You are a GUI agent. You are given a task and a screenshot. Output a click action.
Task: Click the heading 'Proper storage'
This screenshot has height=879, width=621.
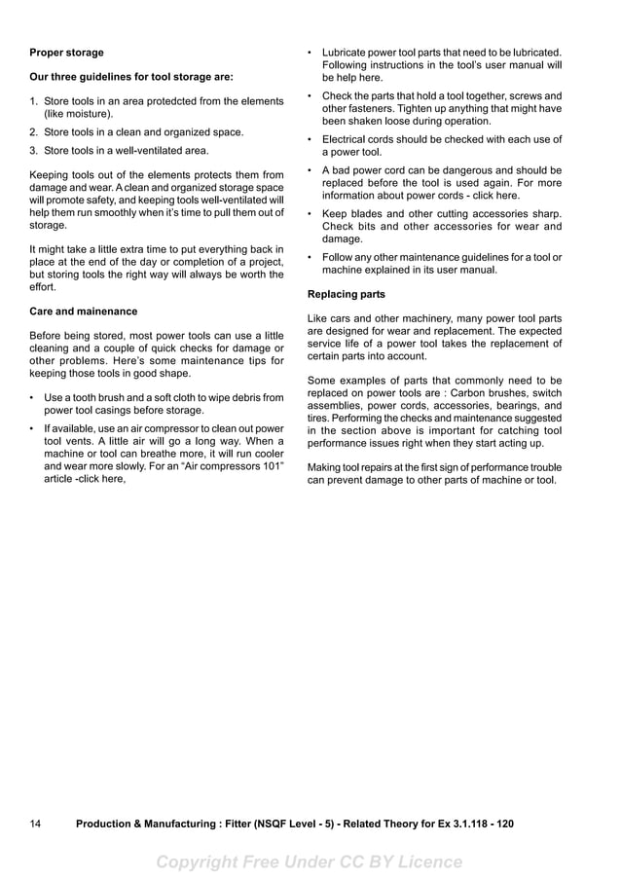click(66, 53)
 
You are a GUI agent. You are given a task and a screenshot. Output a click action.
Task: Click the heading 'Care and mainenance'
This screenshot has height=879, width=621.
click(84, 311)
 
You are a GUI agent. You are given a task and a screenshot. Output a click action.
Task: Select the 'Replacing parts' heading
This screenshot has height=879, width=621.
click(347, 294)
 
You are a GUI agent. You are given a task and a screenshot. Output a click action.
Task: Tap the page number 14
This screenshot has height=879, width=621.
click(35, 824)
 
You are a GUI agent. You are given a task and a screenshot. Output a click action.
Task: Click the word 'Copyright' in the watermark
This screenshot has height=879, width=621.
click(200, 861)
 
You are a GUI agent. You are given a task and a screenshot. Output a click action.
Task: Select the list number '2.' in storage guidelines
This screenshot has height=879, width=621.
click(34, 132)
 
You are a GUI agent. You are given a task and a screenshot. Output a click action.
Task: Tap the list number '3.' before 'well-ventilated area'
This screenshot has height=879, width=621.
click(34, 151)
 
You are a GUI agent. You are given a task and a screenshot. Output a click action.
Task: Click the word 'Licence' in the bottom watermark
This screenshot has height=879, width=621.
click(427, 861)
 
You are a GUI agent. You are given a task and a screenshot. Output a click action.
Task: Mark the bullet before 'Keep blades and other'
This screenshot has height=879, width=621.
click(310, 214)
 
